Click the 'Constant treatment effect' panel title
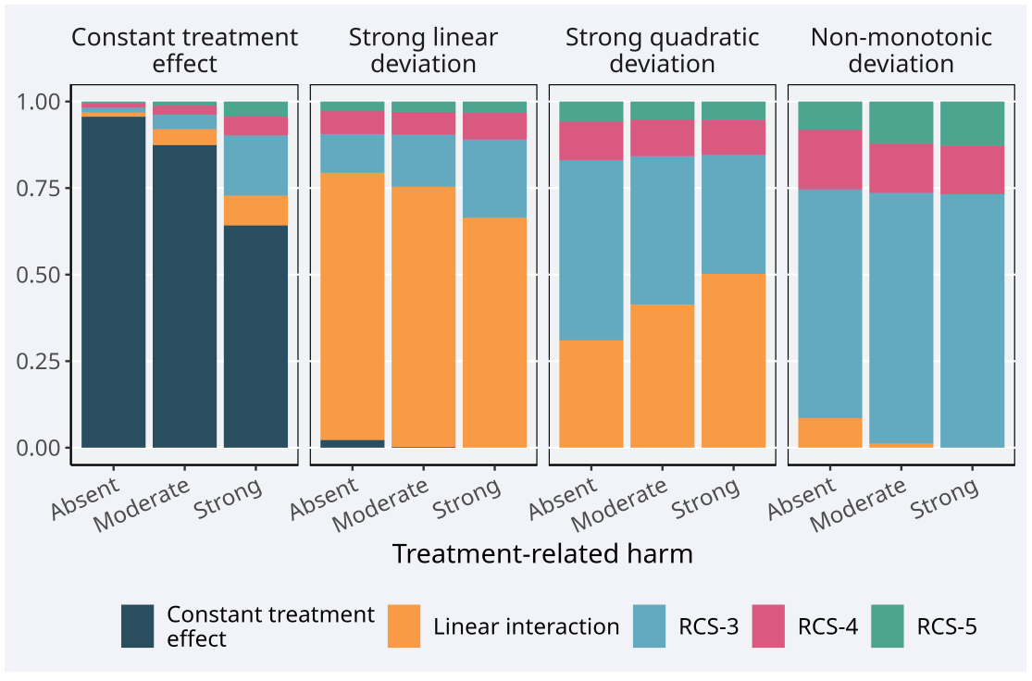pos(185,51)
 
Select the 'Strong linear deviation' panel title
pos(423,51)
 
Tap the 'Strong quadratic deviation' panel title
pos(662,51)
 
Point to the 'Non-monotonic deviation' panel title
pos(901,51)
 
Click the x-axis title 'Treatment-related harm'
pos(542,553)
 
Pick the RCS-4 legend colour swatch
pos(768,626)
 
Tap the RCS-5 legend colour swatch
pos(888,626)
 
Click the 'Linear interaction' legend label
pos(526,626)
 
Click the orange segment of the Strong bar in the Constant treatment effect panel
pos(255,210)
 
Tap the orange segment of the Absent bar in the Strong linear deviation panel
pos(352,306)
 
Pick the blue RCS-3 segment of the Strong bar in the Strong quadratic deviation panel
pos(733,214)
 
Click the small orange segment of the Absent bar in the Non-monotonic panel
pos(829,432)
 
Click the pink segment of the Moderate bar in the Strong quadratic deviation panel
pos(662,138)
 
